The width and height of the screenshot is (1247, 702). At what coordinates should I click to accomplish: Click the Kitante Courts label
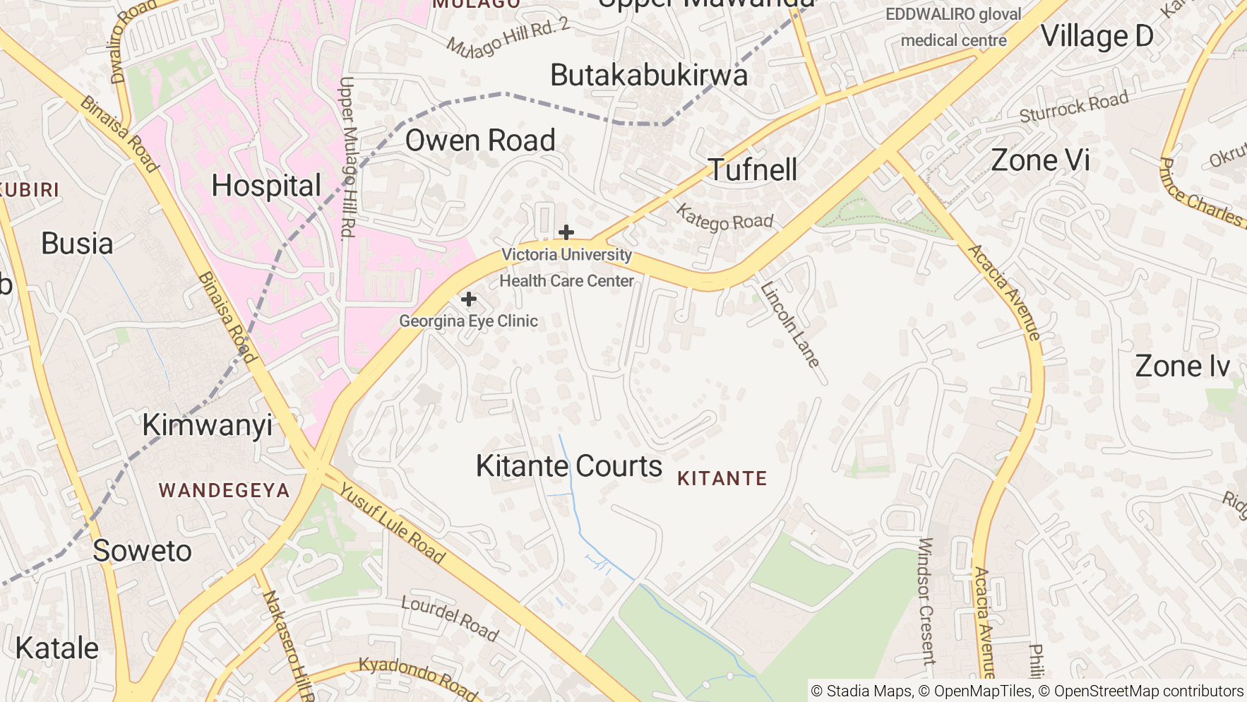point(569,466)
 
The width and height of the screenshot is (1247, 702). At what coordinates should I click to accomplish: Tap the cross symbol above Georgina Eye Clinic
point(468,299)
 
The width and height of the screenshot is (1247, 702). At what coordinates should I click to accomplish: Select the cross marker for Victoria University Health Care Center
point(566,232)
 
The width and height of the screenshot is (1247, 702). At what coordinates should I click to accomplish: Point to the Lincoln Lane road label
point(790,325)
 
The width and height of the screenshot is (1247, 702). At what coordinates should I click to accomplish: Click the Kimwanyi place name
point(207,425)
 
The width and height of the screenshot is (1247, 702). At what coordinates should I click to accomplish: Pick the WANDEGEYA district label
point(224,491)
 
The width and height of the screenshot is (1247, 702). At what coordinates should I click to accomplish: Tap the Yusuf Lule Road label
point(393,523)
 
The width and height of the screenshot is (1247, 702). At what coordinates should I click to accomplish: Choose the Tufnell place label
point(753,169)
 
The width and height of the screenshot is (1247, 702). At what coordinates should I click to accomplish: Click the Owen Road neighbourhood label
point(480,141)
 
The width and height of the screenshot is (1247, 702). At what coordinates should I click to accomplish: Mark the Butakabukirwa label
point(649,76)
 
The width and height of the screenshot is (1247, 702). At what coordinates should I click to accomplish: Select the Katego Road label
point(724,218)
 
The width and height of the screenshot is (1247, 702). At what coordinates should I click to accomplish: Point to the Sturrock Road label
point(1073,107)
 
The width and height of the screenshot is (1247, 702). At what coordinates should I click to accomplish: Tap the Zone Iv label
point(1183,367)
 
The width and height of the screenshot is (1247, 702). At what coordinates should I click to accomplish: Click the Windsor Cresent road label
point(926,600)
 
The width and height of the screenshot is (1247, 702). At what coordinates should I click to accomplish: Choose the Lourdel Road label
point(450,618)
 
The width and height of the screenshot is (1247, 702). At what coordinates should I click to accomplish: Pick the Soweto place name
point(142,551)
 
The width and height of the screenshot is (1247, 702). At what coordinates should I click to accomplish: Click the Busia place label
point(77,244)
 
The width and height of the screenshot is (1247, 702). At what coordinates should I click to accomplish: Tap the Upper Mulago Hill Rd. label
point(347,157)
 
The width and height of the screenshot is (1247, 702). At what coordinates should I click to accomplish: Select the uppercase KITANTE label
point(722,479)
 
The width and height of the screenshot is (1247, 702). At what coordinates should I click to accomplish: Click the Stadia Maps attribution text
point(861,691)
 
